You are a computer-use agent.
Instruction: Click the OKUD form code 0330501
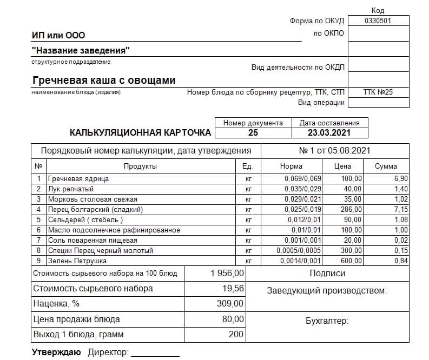(x=378, y=21)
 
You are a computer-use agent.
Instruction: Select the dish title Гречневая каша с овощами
(x=104, y=81)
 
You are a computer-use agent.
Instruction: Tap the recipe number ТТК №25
(x=378, y=92)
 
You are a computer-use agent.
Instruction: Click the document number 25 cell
(x=253, y=132)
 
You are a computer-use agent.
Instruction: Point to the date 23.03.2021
(x=329, y=132)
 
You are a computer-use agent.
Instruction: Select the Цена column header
(x=342, y=166)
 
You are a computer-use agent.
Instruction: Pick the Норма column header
(x=292, y=166)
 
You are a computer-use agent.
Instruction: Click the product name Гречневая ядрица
(x=78, y=178)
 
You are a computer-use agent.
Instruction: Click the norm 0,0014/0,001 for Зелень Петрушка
(x=299, y=261)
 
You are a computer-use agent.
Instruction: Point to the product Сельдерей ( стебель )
(x=85, y=219)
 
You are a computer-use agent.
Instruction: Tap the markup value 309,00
(x=230, y=304)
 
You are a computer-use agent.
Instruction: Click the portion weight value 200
(x=236, y=335)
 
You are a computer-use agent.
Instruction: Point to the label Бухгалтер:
(x=327, y=321)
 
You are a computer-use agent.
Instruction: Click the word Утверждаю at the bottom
(x=56, y=352)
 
